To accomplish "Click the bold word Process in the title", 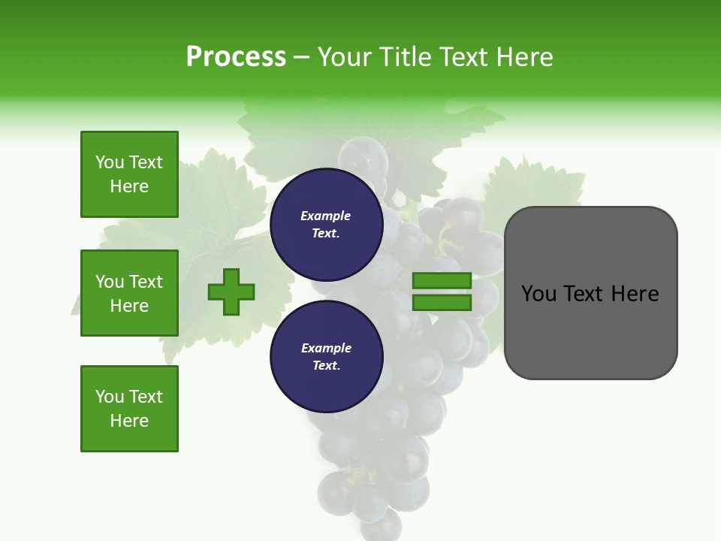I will pos(236,56).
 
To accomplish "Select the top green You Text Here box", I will pos(129,174).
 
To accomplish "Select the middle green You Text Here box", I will pos(129,293).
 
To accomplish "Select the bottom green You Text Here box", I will pos(129,408).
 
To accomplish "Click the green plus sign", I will pos(231,292).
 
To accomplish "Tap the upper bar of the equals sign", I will pos(442,280).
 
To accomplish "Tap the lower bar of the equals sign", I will pos(442,302).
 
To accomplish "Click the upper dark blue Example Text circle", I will pos(326,225).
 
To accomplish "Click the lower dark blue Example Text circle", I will pos(326,356).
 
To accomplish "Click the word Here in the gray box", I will pos(635,293).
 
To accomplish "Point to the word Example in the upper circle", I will pos(326,216).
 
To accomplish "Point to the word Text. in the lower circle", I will pos(326,365).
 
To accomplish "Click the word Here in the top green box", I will pos(129,186).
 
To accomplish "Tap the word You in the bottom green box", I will pos(110,396).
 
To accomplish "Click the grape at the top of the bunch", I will pos(363,156).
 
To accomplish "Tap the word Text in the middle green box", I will pos(146,282).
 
